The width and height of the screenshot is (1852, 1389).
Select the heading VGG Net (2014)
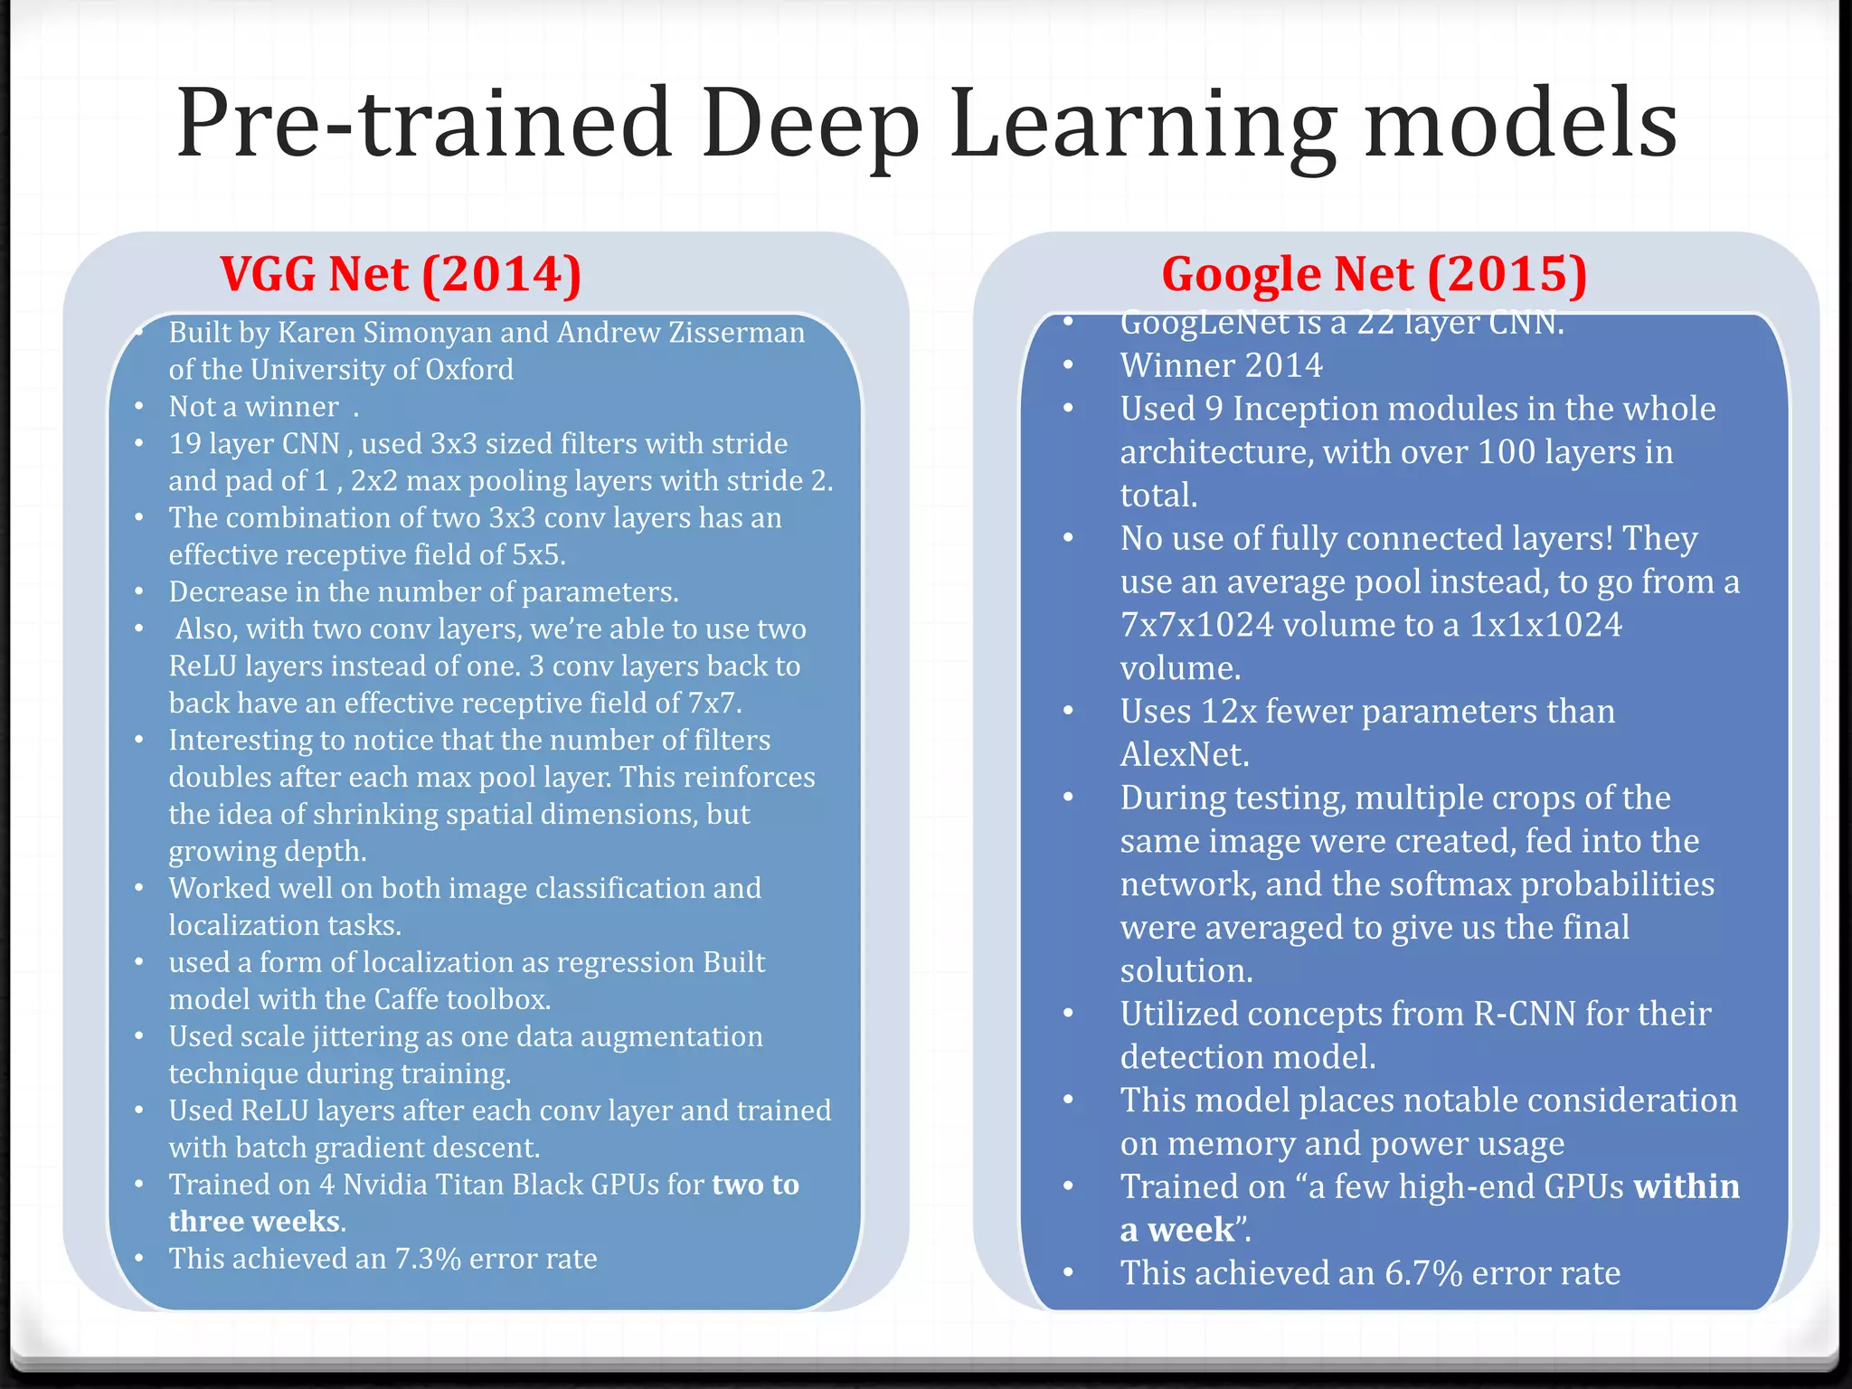tap(401, 274)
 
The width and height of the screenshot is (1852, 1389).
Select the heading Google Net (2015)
tap(1374, 274)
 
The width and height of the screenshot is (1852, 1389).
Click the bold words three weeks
tap(254, 1222)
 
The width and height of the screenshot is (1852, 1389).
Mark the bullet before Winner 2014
tap(1068, 366)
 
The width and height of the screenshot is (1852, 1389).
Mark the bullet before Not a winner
tap(138, 408)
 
